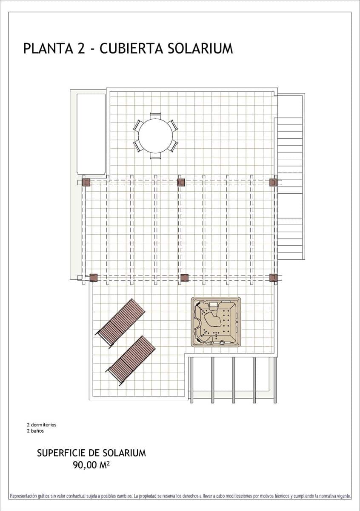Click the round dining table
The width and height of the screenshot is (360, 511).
(155, 136)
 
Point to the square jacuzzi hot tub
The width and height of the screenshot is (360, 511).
(216, 322)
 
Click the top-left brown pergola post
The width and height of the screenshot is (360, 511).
(86, 183)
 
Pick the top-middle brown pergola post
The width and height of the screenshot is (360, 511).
(181, 183)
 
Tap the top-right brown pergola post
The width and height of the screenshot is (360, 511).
(273, 183)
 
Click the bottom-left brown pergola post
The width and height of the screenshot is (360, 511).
(94, 278)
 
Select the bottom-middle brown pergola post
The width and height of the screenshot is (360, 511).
(184, 278)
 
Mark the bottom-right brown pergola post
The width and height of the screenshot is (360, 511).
(273, 278)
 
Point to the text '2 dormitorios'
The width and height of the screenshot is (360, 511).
(41, 425)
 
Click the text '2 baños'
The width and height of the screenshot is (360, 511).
(35, 431)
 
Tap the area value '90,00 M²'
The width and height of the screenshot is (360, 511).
(91, 465)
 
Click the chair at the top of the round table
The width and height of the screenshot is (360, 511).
(155, 115)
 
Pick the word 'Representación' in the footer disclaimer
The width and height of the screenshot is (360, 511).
(25, 496)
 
